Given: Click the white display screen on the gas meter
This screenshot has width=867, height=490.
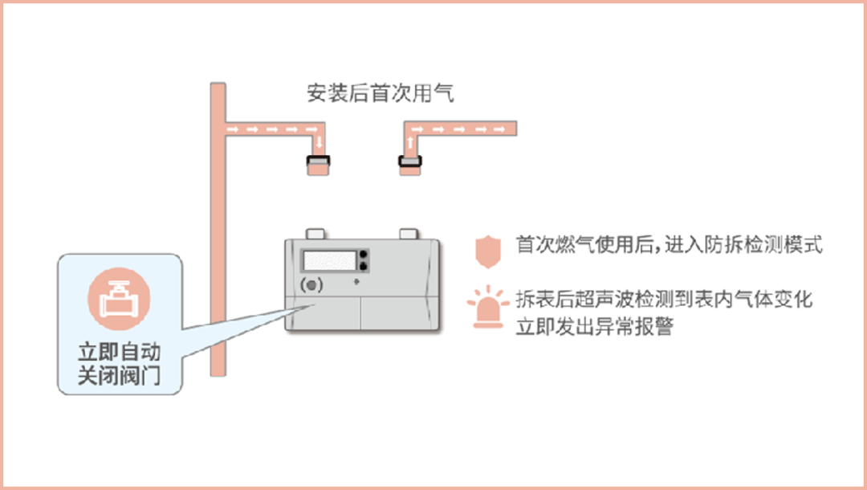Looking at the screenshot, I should tap(329, 260).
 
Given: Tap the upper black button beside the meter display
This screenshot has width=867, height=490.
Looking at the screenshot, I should tap(364, 254).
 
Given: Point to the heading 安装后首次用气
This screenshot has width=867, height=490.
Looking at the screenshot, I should tap(380, 94).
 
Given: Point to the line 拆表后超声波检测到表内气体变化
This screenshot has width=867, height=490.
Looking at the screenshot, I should tap(664, 300).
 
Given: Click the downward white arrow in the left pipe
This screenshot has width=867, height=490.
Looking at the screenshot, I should tap(320, 144).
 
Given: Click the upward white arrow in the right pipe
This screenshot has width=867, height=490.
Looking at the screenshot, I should tap(411, 144).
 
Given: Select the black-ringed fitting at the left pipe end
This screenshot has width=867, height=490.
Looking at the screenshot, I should tap(319, 165).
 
